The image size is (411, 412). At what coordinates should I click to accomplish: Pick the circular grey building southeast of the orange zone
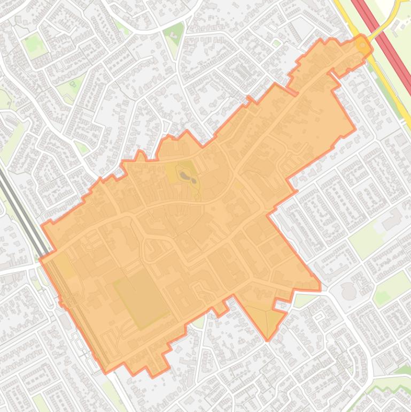pyautogui.click(x=348, y=292)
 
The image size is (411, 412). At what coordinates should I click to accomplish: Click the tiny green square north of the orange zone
pyautogui.click(x=276, y=43)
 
